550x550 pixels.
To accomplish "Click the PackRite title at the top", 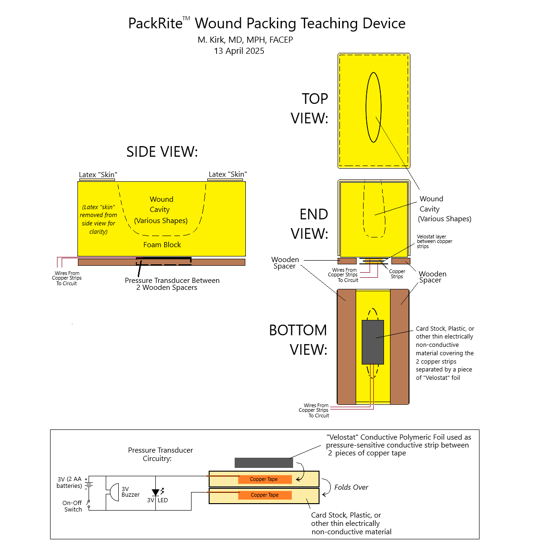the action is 267,24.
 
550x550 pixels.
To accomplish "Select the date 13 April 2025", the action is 239,51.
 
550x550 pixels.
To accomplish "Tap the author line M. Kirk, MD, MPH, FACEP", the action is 245,39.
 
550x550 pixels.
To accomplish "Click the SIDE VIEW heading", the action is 162,152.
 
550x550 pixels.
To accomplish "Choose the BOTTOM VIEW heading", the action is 298,339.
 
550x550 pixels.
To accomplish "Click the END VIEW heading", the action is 310,224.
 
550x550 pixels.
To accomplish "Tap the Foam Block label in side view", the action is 162,245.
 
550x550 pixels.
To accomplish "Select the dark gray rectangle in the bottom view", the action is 373,342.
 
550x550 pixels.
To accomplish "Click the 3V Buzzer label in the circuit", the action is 130,492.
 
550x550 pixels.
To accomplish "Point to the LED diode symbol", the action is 156,493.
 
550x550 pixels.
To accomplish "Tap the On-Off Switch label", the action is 72,506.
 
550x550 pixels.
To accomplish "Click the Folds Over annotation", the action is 351,487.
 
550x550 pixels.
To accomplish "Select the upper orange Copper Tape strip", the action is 265,479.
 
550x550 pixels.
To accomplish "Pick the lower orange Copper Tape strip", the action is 265,495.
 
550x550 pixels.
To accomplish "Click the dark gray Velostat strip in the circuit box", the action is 264,463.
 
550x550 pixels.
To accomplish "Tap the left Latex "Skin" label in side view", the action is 98,175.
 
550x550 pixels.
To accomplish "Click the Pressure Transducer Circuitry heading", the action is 160,454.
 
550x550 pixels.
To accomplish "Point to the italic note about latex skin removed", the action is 98,219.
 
